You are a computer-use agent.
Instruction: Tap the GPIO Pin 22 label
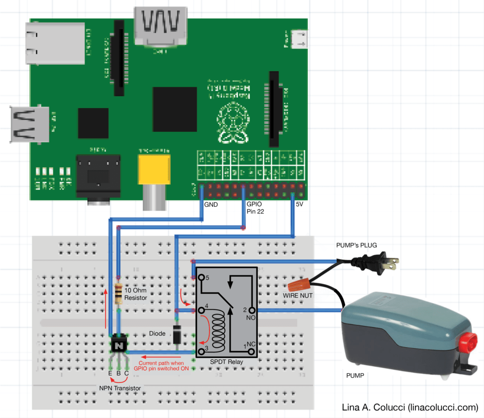[255, 208]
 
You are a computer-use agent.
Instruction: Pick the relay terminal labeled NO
[252, 310]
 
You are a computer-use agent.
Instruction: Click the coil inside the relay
[219, 331]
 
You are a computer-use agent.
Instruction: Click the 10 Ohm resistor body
[119, 294]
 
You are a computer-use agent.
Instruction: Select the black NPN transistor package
[118, 345]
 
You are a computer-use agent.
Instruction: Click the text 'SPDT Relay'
[226, 362]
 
